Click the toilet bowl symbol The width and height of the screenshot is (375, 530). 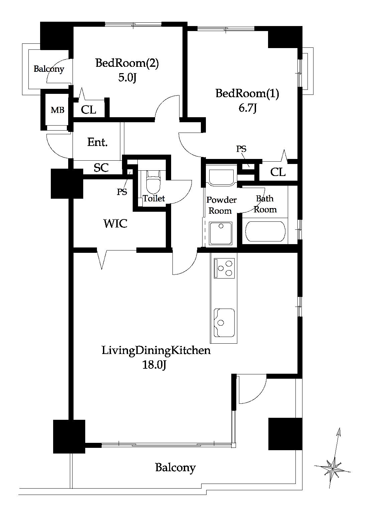coord(153,182)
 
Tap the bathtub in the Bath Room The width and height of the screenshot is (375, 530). coord(265,232)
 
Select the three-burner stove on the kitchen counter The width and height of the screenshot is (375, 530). coord(224,268)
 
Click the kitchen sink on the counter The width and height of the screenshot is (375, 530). coord(224,323)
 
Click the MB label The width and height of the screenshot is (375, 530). coord(57,110)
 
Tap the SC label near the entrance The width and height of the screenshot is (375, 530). coord(101,168)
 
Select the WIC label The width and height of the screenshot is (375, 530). coord(115,223)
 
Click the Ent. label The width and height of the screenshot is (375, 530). coord(97,142)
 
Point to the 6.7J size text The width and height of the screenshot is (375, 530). coord(248,108)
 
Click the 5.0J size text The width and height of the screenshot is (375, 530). coord(127,77)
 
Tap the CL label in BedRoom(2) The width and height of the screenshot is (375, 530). coord(88,110)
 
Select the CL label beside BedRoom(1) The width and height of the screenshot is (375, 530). coord(278,172)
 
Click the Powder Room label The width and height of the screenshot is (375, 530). coord(221,205)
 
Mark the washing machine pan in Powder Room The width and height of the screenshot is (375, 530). coord(220,233)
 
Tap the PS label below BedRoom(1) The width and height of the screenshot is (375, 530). coord(241,149)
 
